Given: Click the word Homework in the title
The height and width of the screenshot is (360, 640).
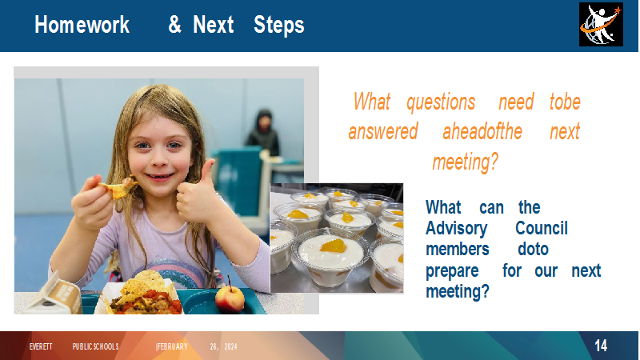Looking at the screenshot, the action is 82,25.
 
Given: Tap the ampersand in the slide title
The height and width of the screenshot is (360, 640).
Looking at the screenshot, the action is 174,25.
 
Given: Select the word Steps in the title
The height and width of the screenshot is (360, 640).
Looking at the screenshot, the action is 278,26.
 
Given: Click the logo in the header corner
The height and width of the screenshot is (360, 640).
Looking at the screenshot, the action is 601,24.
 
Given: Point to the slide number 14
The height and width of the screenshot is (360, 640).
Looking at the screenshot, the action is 601,346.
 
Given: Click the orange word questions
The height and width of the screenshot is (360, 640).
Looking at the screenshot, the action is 441,102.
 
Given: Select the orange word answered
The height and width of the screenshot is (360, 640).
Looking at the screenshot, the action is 383,132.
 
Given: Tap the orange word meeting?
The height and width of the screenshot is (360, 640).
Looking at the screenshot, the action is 466,162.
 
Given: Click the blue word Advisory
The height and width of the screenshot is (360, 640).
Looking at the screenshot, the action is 456,229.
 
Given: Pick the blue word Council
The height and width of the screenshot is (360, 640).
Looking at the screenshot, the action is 542,228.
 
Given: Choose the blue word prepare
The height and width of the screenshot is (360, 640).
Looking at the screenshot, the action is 452,271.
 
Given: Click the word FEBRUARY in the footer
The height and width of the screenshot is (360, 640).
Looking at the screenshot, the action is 172,346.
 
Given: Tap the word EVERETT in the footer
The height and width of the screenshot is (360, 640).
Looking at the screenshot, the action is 41,346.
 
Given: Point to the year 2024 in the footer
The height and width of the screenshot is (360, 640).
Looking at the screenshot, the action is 230,346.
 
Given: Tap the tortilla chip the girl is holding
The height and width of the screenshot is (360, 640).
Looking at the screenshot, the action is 118,188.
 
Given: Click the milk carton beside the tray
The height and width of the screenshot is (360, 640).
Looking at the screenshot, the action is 53,294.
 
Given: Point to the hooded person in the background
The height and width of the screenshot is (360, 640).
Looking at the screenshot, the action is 263,132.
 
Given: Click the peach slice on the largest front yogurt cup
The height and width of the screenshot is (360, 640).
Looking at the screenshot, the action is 333,246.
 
